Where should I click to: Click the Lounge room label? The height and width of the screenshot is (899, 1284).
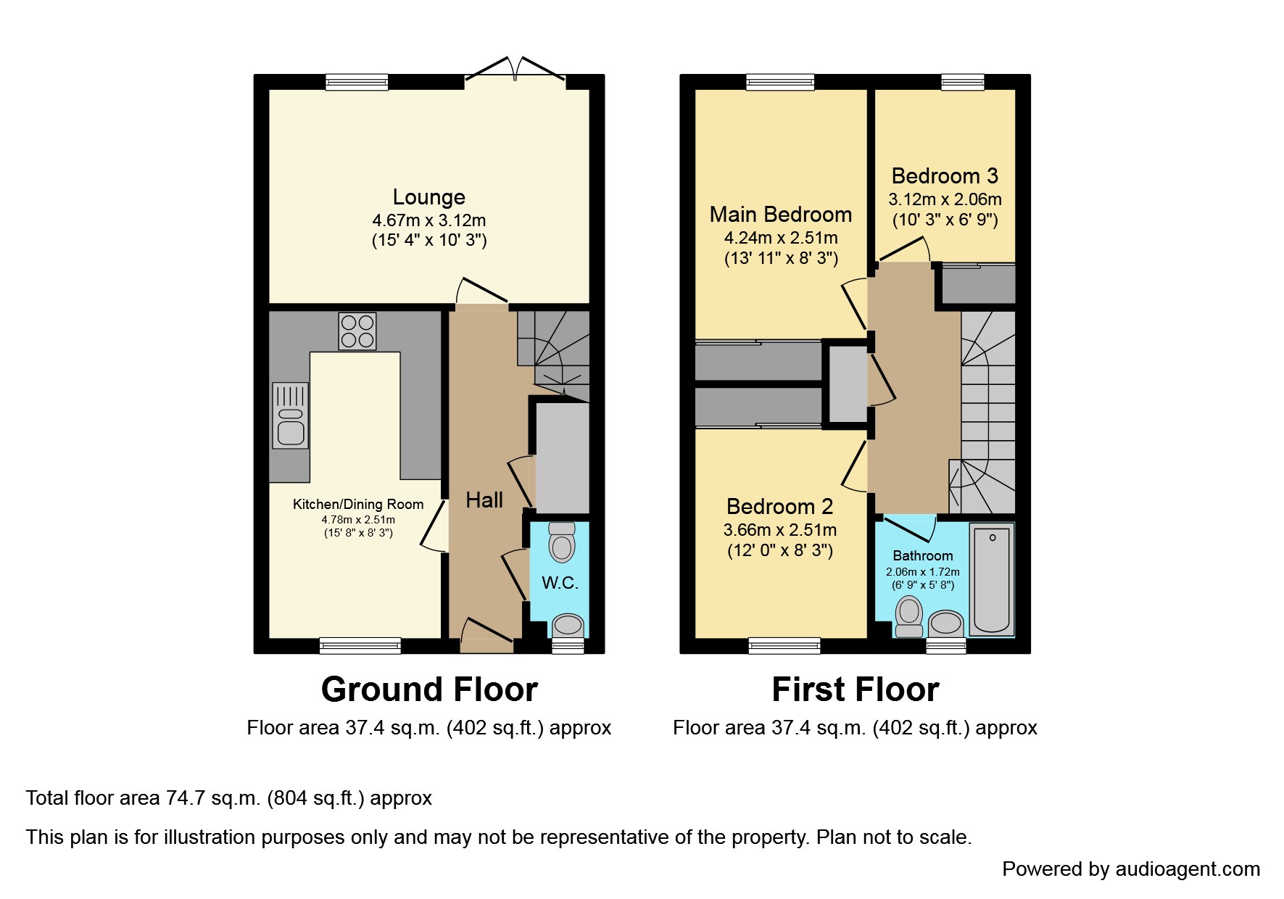click(x=428, y=197)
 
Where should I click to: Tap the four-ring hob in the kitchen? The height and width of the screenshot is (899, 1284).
click(x=357, y=331)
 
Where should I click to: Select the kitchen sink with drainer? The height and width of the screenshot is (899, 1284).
click(x=290, y=415)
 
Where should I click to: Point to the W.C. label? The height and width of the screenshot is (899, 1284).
click(x=560, y=583)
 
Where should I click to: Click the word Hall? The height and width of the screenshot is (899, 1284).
click(x=484, y=500)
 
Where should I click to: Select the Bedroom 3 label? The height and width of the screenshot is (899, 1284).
click(x=944, y=176)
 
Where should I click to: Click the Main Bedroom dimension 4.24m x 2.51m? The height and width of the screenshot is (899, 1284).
click(x=781, y=238)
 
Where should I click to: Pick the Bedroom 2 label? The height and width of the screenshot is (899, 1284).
click(x=779, y=506)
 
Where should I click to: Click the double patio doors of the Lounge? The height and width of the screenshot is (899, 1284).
click(x=515, y=71)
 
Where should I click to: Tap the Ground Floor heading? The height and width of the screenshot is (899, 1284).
click(x=429, y=689)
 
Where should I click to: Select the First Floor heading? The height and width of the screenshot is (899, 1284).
click(x=856, y=689)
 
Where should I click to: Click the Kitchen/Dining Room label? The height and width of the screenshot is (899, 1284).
click(x=358, y=505)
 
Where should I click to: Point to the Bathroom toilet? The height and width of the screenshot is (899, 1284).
click(x=909, y=617)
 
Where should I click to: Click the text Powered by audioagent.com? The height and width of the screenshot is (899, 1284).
click(x=1130, y=869)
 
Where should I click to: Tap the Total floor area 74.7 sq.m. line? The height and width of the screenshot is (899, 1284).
click(x=229, y=798)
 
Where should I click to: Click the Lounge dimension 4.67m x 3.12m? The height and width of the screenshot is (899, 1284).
click(x=428, y=220)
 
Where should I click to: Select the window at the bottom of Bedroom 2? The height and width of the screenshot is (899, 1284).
click(x=784, y=645)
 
